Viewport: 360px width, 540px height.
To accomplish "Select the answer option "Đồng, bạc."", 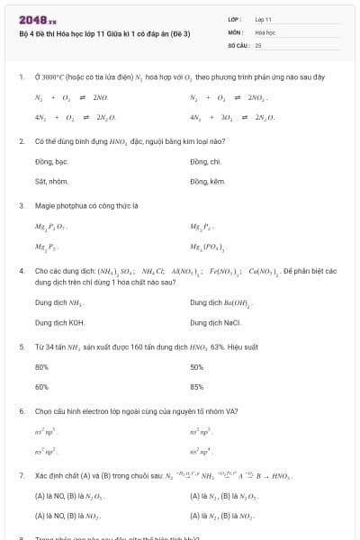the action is pyautogui.click(x=51, y=161).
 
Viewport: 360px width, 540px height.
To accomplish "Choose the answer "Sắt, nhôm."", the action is pyautogui.click(x=50, y=181).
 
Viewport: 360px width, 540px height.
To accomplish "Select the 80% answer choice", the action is pyautogui.click(x=41, y=366).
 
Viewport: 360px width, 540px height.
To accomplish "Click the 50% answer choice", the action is pyautogui.click(x=197, y=366).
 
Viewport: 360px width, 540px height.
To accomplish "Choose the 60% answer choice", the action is pyautogui.click(x=41, y=386).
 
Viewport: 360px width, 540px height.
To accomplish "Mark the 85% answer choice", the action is pyautogui.click(x=197, y=386).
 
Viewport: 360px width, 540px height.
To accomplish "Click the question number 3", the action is pyautogui.click(x=21, y=205).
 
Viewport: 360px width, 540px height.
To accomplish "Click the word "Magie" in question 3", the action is pyautogui.click(x=45, y=205).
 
